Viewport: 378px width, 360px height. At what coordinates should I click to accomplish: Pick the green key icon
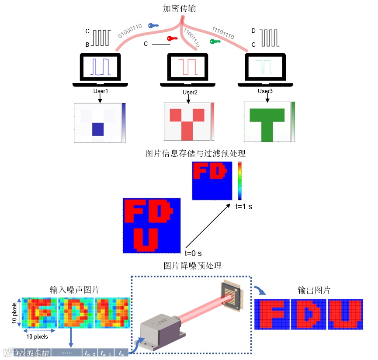(x=215, y=42)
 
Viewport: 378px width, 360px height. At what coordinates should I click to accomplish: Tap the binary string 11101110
(x=223, y=33)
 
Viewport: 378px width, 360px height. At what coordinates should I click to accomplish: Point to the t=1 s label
(x=243, y=207)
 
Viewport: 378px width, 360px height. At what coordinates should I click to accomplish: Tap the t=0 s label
(x=193, y=253)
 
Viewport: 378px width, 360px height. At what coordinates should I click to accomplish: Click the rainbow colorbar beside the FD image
(x=240, y=181)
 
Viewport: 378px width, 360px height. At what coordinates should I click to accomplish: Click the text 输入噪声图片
(x=74, y=290)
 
